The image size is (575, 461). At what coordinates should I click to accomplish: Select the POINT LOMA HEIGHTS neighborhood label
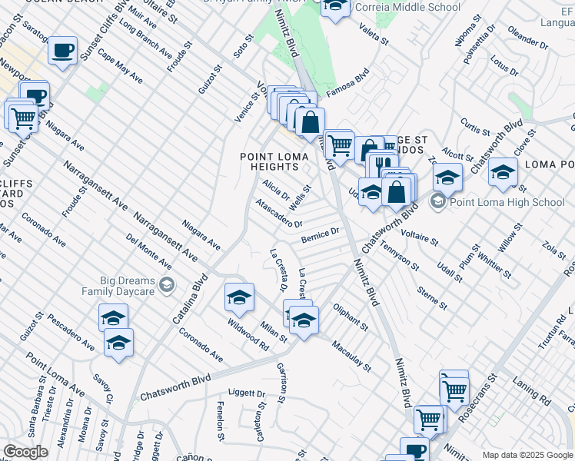(x=274, y=162)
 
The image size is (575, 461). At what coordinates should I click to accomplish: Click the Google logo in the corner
(x=25, y=452)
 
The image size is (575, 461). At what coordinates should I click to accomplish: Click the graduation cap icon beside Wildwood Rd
(x=239, y=298)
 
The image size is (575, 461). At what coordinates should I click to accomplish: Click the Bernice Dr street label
(x=320, y=233)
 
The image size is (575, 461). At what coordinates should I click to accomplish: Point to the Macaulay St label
(x=351, y=356)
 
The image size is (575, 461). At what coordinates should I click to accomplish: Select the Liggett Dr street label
(x=248, y=393)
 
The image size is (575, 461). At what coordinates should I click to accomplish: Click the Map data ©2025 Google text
(x=527, y=455)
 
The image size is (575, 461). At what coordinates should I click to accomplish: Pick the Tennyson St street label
(x=400, y=256)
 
